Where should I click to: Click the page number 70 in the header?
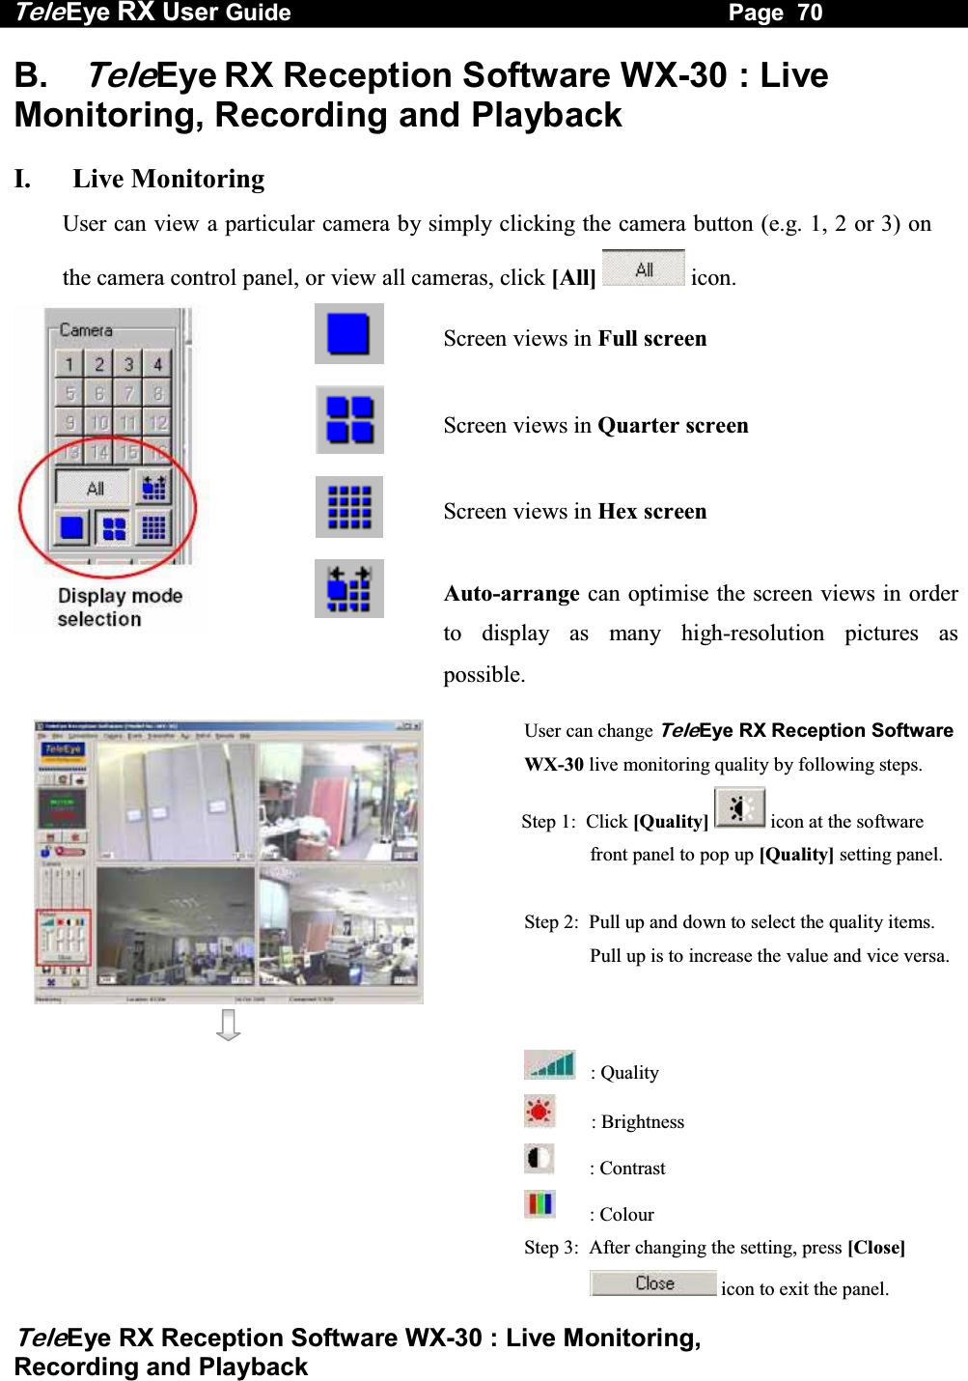coord(810,13)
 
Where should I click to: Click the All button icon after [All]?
coord(643,269)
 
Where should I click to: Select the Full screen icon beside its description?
coord(348,334)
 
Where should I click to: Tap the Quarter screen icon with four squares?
coord(349,420)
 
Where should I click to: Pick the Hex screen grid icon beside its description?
coord(349,507)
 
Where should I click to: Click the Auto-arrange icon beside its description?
coord(349,589)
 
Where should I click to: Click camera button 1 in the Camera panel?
coord(69,364)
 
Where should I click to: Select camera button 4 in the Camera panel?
coord(157,364)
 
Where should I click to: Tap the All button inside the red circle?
coord(95,489)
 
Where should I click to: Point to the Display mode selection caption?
coord(120,607)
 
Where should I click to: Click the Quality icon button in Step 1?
coord(739,807)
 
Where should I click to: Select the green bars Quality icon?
coord(550,1065)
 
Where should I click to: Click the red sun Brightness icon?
coord(539,1112)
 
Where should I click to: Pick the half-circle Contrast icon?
coord(539,1158)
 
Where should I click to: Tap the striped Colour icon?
coord(539,1204)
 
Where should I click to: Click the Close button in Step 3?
coord(654,1283)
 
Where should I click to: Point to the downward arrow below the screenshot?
coord(229,1025)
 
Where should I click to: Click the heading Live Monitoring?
coord(168,179)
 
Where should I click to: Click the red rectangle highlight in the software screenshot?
coord(64,937)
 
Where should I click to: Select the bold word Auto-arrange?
coord(512,593)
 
